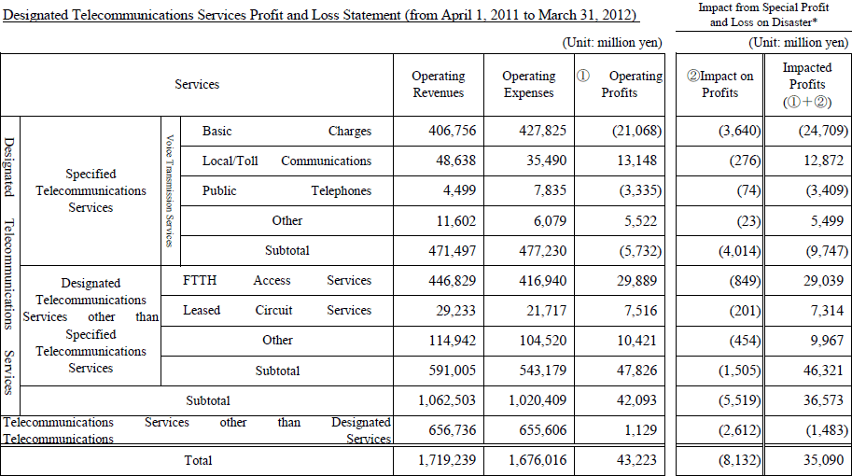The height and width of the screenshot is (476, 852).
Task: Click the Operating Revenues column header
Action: click(439, 84)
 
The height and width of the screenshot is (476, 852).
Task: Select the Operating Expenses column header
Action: click(529, 84)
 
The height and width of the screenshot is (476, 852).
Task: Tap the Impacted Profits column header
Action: click(807, 84)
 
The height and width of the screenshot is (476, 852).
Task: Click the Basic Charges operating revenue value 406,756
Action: click(452, 131)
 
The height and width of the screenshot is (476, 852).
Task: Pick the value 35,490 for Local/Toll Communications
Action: click(546, 161)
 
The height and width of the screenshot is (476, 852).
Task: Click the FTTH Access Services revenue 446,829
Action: click(452, 280)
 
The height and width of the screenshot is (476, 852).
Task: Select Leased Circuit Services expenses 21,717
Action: click(546, 310)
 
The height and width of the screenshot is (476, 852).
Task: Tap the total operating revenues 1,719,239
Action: click(447, 460)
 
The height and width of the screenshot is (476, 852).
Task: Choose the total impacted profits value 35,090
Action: click(824, 460)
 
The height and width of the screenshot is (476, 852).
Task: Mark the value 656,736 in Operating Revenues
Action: click(452, 430)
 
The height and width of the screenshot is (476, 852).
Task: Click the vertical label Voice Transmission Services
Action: click(170, 190)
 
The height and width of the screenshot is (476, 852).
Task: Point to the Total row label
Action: click(198, 460)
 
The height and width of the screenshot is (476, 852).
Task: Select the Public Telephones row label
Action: click(286, 190)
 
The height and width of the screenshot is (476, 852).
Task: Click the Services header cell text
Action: click(197, 84)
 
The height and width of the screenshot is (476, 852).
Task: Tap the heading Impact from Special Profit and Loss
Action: click(763, 15)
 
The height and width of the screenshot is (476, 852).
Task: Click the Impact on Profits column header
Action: click(720, 84)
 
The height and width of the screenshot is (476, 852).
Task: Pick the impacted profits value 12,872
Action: click(824, 161)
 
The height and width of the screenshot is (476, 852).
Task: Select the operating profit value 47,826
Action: click(636, 370)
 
